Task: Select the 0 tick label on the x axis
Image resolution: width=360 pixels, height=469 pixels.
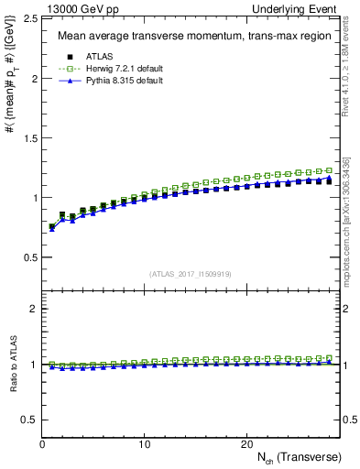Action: [43, 444]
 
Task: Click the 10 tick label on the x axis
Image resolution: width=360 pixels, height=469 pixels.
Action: [145, 444]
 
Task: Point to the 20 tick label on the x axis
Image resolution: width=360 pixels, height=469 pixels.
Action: [246, 444]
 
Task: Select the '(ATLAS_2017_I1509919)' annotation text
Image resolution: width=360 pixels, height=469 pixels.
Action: [191, 273]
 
